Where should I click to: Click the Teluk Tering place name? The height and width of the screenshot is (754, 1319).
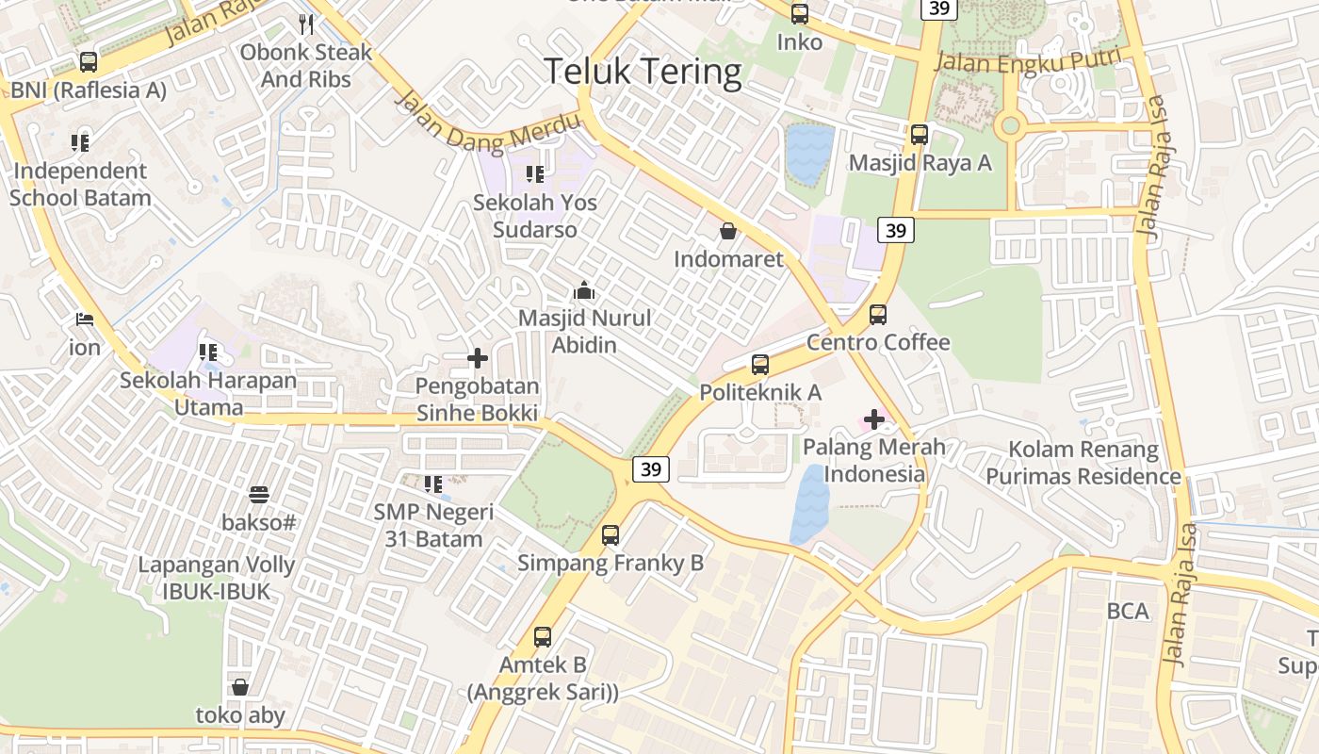[x=643, y=72]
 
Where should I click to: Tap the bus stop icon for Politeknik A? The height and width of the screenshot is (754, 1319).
[x=760, y=364]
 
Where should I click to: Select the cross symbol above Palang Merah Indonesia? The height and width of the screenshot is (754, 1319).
[x=874, y=418]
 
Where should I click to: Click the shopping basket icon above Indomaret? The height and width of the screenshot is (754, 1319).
[x=728, y=231]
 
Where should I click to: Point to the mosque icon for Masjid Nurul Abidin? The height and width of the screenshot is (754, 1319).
[x=584, y=290]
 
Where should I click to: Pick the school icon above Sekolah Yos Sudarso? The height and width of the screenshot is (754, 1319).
[x=535, y=173]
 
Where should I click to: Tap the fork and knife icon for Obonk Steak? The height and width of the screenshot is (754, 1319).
[x=306, y=24]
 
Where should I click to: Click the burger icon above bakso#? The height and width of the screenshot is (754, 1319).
[x=259, y=494]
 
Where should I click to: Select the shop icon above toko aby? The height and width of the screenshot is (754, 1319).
[x=240, y=687]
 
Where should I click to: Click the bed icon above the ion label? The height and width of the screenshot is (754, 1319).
[x=85, y=320]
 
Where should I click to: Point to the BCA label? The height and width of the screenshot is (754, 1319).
[x=1128, y=611]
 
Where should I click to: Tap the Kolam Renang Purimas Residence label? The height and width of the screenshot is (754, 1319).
[x=1083, y=463]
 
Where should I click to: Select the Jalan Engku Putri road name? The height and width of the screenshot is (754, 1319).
[x=1029, y=61]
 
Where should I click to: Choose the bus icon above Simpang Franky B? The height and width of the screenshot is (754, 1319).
[x=611, y=535]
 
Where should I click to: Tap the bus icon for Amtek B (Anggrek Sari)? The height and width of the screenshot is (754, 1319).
[x=543, y=636]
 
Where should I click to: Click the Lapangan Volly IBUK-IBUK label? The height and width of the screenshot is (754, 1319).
[x=217, y=578]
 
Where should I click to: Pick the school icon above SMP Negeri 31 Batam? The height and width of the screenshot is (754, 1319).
[x=433, y=484]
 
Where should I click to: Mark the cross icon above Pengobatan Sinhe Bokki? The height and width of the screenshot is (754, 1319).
[x=478, y=358]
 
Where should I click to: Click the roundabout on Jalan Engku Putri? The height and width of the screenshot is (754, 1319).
[x=1010, y=124]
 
